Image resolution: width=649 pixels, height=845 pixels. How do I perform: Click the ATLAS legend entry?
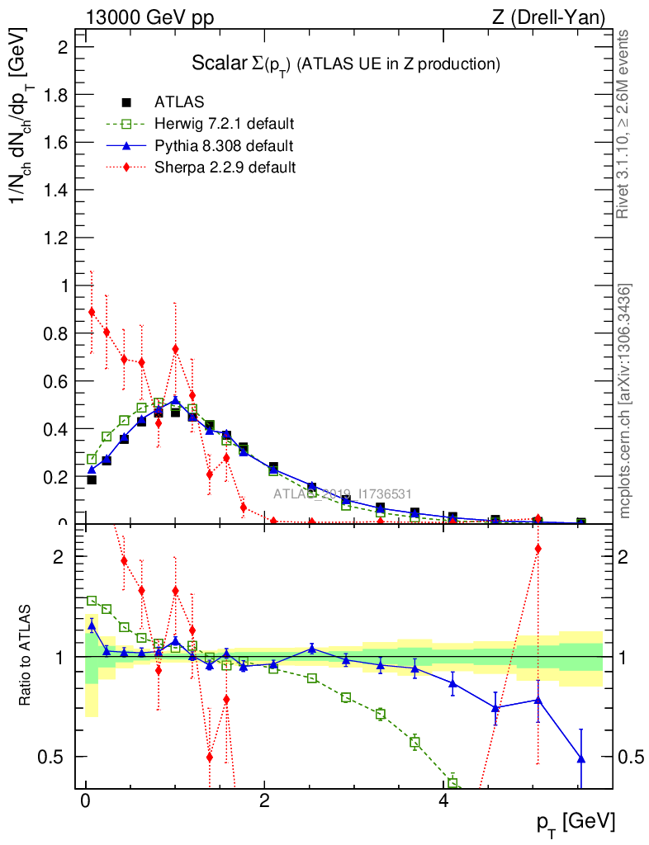click(178, 102)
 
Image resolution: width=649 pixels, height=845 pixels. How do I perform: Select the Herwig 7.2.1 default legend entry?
click(224, 125)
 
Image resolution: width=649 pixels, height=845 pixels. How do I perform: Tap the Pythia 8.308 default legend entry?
click(223, 146)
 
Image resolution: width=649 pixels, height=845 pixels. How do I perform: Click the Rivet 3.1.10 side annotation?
click(623, 124)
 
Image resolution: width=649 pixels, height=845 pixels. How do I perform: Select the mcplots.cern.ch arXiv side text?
click(625, 400)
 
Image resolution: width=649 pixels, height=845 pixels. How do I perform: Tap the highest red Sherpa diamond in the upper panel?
click(92, 312)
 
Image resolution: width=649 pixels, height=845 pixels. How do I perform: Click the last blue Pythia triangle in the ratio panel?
click(581, 758)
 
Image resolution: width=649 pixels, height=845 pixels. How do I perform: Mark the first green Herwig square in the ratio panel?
click(92, 601)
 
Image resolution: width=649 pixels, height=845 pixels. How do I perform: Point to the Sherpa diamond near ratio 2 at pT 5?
click(538, 548)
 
